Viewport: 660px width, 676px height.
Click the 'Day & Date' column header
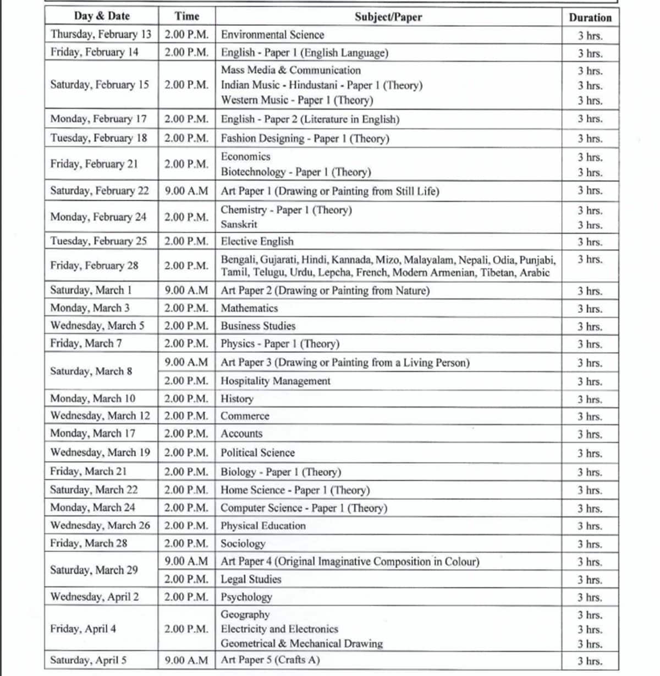[102, 16]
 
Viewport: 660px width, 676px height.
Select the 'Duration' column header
[590, 17]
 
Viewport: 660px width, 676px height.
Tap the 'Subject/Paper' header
[388, 17]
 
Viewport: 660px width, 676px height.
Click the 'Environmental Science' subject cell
[272, 35]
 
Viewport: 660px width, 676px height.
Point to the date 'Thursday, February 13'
[101, 34]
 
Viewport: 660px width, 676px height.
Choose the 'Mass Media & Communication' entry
[290, 70]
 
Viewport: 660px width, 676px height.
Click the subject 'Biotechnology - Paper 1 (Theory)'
[296, 172]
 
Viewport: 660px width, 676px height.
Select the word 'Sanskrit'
[239, 224]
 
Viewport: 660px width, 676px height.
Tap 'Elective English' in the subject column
[257, 241]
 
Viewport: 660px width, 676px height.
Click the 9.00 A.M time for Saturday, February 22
[186, 191]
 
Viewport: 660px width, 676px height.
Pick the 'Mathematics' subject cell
[249, 308]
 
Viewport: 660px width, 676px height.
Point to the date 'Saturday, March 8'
[91, 371]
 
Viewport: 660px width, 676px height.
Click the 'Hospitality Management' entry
[276, 381]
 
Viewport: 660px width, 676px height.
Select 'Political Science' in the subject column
[257, 453]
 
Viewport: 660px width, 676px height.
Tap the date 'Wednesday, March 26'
[100, 525]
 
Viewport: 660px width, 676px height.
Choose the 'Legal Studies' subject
[251, 579]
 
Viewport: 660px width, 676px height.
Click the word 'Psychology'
[246, 597]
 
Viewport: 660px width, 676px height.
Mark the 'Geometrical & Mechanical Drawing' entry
[301, 644]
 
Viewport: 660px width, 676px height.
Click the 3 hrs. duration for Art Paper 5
[590, 661]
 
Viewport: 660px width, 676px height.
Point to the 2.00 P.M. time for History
[186, 398]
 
